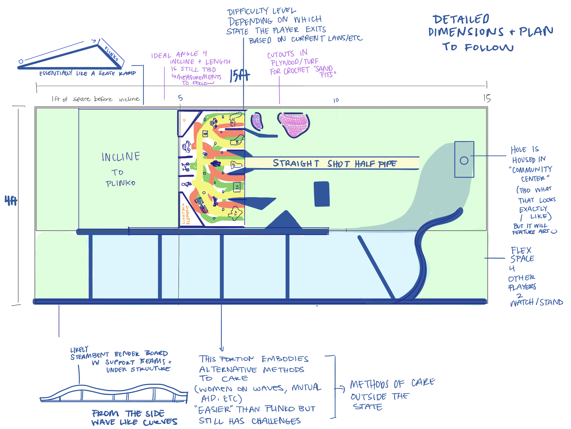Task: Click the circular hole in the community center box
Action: (x=464, y=160)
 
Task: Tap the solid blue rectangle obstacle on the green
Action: (x=322, y=194)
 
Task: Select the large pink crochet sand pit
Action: (x=294, y=124)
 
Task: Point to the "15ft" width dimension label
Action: (x=239, y=76)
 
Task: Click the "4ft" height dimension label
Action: (x=11, y=200)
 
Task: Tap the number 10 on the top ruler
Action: (x=336, y=100)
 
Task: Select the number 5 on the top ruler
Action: (x=180, y=98)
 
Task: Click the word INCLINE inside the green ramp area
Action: (x=121, y=157)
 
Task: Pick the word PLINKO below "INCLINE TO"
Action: (x=120, y=183)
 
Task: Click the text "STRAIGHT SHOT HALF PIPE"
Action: (x=334, y=163)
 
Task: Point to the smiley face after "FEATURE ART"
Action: (x=554, y=231)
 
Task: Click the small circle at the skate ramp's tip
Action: (x=21, y=61)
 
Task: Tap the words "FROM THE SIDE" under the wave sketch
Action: (x=128, y=413)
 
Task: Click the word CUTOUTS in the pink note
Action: (x=280, y=55)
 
